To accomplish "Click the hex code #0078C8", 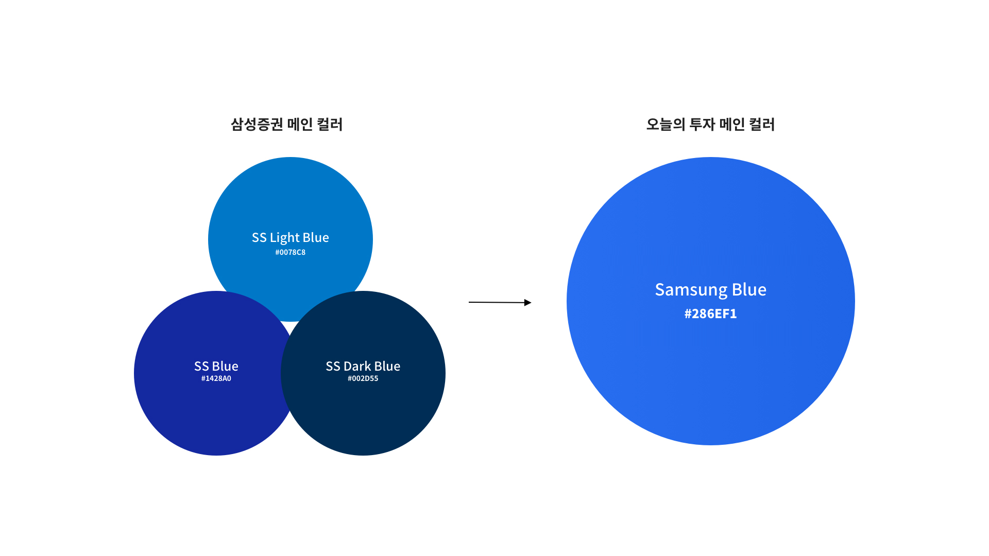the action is (x=290, y=252).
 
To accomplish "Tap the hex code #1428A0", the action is (x=216, y=378).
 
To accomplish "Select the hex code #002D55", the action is (x=363, y=378).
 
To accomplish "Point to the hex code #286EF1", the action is (x=710, y=314).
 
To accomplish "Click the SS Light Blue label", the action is (x=290, y=237).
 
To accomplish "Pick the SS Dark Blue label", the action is (x=363, y=366).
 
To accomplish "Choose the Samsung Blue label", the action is (x=710, y=290).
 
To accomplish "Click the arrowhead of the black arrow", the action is (x=528, y=303).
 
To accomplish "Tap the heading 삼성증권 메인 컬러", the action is (x=286, y=124).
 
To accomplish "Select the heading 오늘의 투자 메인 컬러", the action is (x=710, y=124).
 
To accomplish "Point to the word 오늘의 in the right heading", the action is (x=666, y=124).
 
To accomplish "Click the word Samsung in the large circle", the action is (x=691, y=290).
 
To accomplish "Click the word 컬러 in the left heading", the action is (x=330, y=124).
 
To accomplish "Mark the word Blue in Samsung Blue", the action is (x=749, y=289).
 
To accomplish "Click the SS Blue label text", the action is (x=216, y=366).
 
